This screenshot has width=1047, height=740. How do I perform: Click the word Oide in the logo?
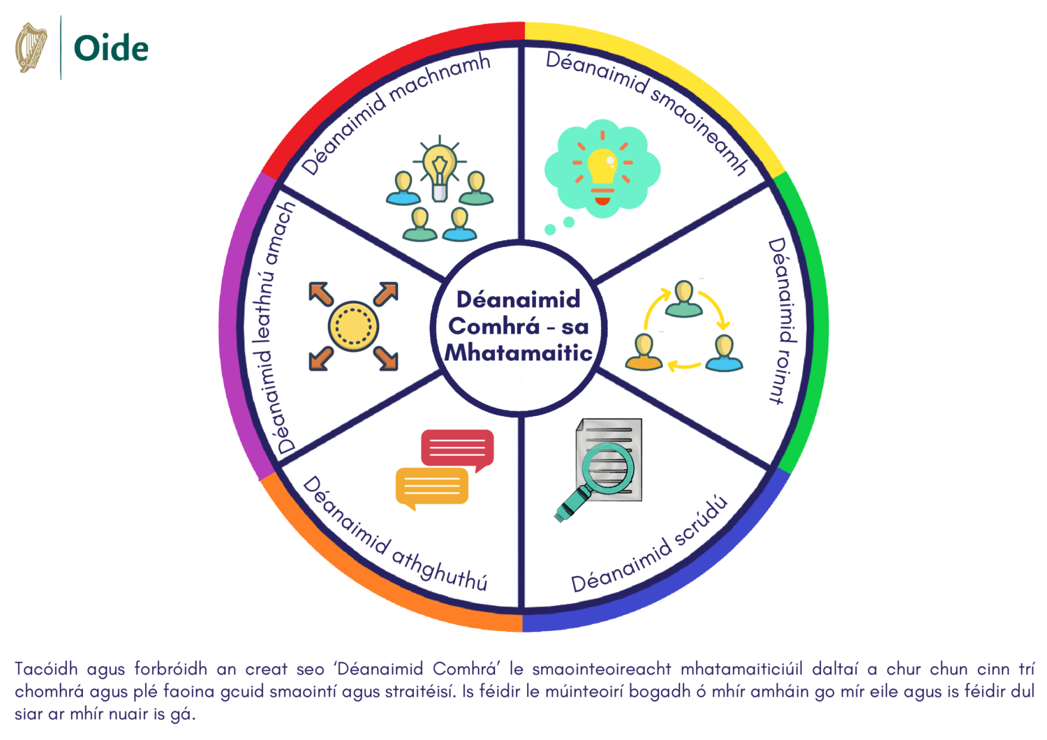(x=111, y=49)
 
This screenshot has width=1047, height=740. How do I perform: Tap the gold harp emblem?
(x=31, y=47)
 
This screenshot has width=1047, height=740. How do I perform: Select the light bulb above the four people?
(x=438, y=165)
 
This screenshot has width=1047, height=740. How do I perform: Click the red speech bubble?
(x=457, y=448)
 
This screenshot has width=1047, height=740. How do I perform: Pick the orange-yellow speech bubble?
(x=431, y=486)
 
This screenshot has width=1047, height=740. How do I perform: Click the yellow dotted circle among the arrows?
(x=353, y=326)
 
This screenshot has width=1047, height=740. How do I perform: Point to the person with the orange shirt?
(x=644, y=352)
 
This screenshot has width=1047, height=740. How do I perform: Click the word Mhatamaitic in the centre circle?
(x=519, y=353)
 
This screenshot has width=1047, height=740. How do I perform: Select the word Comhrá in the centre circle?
(x=494, y=326)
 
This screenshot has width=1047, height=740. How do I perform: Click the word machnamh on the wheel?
(x=439, y=78)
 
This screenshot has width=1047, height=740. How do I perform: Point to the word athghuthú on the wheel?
(x=439, y=570)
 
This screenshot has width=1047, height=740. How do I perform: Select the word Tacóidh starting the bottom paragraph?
(x=46, y=669)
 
